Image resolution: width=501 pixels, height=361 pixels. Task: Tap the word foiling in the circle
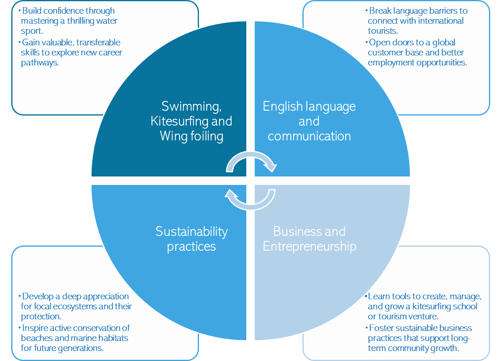[x=206, y=136]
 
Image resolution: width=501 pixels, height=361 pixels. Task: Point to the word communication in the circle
[x=309, y=136]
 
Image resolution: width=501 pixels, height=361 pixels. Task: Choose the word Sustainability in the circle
[x=191, y=231]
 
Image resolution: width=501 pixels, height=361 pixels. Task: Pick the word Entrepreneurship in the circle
[x=309, y=246]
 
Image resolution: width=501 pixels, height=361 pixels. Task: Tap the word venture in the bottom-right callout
[x=421, y=317]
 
